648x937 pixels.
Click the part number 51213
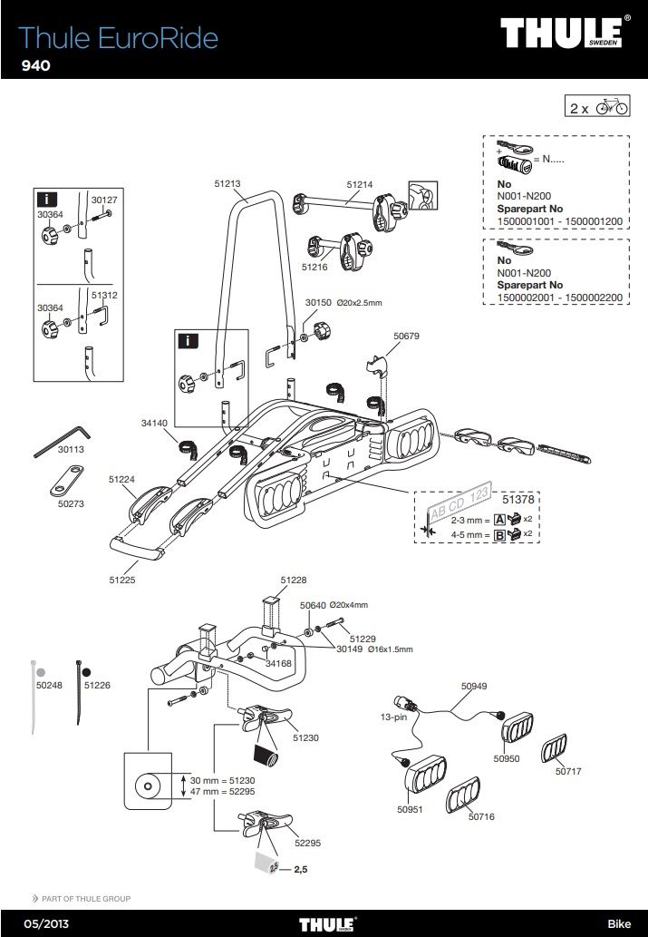(227, 183)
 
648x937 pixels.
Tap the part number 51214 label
(360, 183)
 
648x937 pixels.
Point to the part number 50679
(407, 335)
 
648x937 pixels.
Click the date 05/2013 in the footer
(37, 923)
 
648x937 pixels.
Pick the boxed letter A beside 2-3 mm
(498, 519)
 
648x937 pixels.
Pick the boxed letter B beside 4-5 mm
(498, 534)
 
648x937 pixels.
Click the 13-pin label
(393, 717)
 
